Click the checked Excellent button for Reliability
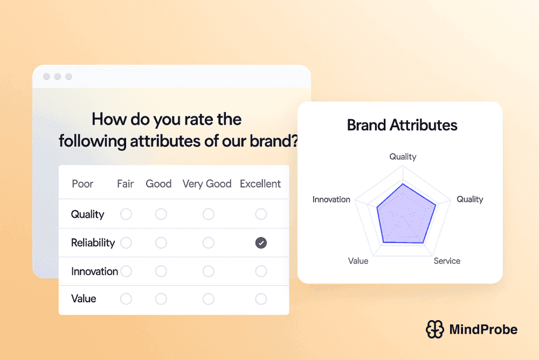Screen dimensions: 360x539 [x=261, y=243]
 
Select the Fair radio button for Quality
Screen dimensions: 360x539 [x=126, y=214]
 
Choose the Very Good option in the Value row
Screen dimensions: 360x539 [x=208, y=299]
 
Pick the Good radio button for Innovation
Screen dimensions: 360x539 [x=161, y=271]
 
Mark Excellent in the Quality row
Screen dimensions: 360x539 [x=261, y=214]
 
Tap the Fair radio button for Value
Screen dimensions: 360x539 [x=126, y=299]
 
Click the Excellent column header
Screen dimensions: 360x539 [x=260, y=184]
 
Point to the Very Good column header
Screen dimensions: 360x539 [x=207, y=184]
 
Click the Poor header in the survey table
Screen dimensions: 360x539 [x=82, y=184]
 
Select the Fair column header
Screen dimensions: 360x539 [x=126, y=184]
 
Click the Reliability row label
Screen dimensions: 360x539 [x=93, y=243]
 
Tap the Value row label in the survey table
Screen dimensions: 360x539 [x=84, y=299]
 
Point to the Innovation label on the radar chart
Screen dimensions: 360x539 [x=331, y=199]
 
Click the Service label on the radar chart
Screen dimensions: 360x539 [x=447, y=261]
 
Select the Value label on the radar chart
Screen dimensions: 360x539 [x=358, y=261]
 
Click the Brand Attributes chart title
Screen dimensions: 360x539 [x=402, y=126]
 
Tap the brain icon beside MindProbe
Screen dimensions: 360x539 [x=434, y=329]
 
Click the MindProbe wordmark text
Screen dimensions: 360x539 [x=483, y=329]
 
